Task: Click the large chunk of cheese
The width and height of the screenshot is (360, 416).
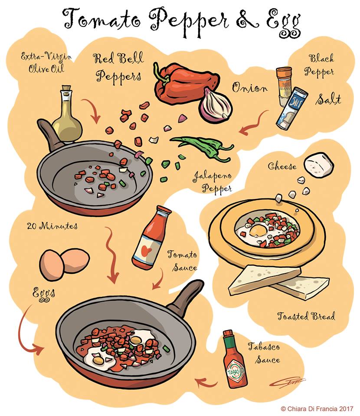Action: click(x=319, y=165)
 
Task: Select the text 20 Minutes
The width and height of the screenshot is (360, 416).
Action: click(x=46, y=226)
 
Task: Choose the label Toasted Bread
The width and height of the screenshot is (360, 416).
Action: click(x=306, y=316)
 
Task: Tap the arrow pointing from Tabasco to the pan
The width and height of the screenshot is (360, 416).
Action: click(x=206, y=383)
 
